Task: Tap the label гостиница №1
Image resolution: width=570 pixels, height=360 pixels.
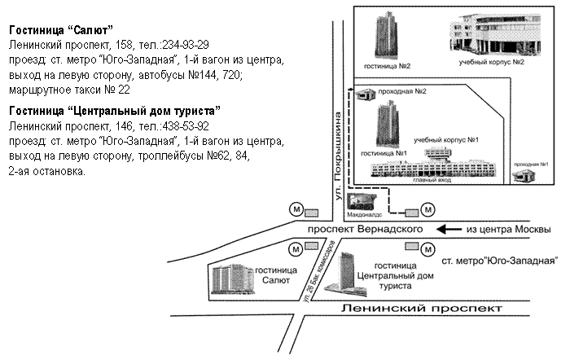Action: pyautogui.click(x=384, y=152)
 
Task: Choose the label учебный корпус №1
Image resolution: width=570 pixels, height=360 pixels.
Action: pyautogui.click(x=445, y=141)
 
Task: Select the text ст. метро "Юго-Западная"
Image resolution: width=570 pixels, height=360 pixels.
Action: pyautogui.click(x=499, y=262)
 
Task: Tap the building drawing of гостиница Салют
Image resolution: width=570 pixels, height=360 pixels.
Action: pyautogui.click(x=232, y=278)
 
